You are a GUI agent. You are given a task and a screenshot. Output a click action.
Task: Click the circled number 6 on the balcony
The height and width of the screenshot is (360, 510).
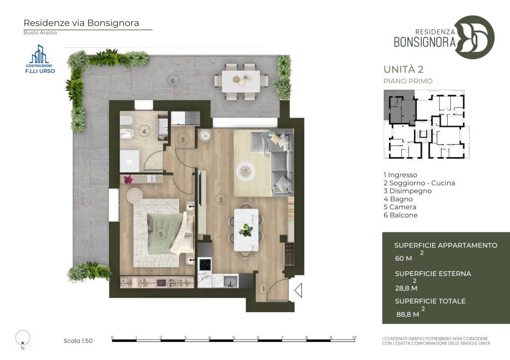pyautogui.click(x=173, y=81)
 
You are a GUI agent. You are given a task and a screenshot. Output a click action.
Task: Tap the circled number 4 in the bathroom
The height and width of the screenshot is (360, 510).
pyautogui.click(x=144, y=132)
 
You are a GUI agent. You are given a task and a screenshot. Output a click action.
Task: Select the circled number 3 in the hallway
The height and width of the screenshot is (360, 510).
pyautogui.click(x=183, y=140)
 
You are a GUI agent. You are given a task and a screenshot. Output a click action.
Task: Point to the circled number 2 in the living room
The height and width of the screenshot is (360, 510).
pyautogui.click(x=221, y=200)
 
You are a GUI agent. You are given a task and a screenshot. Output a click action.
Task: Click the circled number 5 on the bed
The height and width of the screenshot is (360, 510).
pyautogui.click(x=161, y=234)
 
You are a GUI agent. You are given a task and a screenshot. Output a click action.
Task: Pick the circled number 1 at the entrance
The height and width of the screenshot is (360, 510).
pyautogui.click(x=263, y=289)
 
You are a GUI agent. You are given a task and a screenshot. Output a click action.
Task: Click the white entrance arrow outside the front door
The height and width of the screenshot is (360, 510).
pyautogui.click(x=298, y=290)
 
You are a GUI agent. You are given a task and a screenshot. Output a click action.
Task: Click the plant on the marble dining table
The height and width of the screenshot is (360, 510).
pyautogui.click(x=246, y=230)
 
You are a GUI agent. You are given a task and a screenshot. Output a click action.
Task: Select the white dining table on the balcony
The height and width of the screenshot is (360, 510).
pyautogui.click(x=241, y=81)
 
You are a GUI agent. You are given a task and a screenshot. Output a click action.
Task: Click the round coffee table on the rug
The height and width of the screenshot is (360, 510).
pyautogui.click(x=246, y=171)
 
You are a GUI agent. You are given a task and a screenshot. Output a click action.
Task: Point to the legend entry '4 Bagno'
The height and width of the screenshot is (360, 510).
pyautogui.click(x=398, y=199)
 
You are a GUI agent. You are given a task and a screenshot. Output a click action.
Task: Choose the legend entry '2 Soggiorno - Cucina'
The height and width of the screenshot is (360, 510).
pyautogui.click(x=419, y=183)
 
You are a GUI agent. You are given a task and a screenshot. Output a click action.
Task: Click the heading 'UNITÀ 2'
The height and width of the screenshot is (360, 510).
pyautogui.click(x=403, y=69)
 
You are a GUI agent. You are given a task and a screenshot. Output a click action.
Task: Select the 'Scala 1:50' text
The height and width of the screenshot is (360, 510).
pyautogui.click(x=78, y=341)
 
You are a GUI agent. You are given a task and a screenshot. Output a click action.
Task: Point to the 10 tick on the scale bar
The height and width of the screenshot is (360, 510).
pyautogui.click(x=354, y=338)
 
